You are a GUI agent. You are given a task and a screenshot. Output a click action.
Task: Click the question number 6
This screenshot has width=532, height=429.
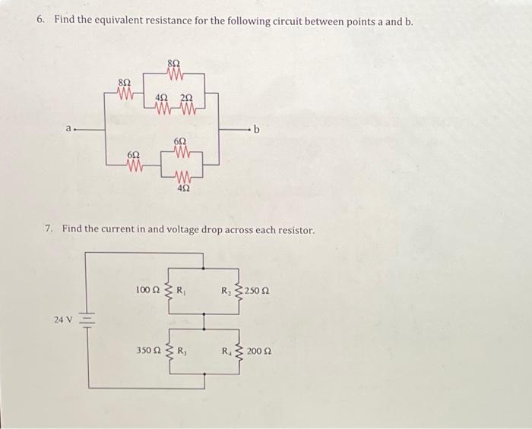(40, 20)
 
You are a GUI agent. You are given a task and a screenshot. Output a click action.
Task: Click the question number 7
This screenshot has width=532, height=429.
(49, 229)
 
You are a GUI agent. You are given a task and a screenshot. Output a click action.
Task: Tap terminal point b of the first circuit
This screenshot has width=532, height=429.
(257, 130)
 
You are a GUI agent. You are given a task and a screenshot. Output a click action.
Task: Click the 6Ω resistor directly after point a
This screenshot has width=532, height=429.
(135, 165)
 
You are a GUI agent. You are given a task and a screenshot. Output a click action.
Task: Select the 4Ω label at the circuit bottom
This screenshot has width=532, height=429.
(183, 191)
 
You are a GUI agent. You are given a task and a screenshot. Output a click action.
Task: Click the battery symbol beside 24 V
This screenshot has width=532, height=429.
(84, 320)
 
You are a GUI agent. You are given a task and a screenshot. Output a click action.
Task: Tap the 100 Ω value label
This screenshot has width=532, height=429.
(147, 290)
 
